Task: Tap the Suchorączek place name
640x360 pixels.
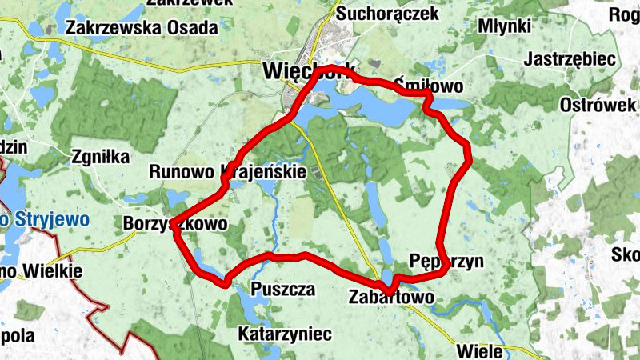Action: [x=387, y=14]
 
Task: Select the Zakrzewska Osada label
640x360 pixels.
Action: [x=142, y=27]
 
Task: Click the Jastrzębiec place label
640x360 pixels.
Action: [x=569, y=59]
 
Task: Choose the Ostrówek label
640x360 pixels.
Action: [x=597, y=106]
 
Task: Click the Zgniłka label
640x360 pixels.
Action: [x=100, y=157]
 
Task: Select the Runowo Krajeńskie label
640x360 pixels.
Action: [x=227, y=171]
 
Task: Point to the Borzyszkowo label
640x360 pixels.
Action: [x=175, y=223]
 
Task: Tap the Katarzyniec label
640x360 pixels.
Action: [x=285, y=333]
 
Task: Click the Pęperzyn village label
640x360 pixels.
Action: [x=446, y=261]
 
